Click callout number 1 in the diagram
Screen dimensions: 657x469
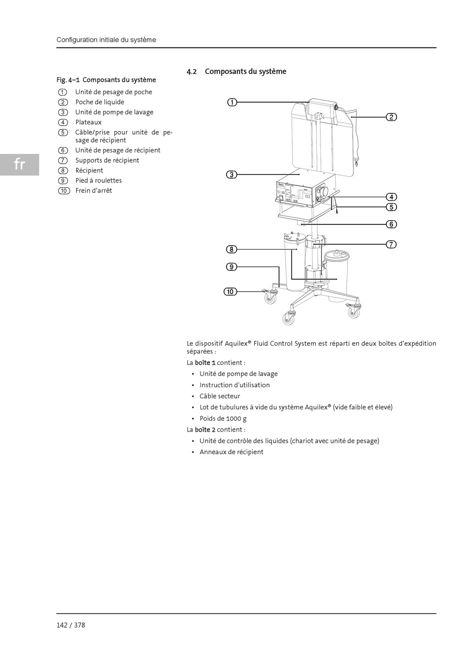click(x=232, y=102)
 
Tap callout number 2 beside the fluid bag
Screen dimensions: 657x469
click(x=391, y=117)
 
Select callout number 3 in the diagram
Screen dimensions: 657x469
click(x=232, y=175)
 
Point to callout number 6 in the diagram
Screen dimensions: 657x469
click(x=391, y=224)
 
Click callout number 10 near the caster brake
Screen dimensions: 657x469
click(x=230, y=292)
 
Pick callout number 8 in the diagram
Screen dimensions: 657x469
click(x=232, y=250)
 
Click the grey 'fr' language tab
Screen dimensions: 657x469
click(x=19, y=164)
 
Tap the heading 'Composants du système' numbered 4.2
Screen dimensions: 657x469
click(x=245, y=72)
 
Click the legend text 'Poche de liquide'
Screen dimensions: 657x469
click(x=100, y=102)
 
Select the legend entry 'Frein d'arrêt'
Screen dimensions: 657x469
click(x=93, y=190)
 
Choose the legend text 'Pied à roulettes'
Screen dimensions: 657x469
click(x=98, y=181)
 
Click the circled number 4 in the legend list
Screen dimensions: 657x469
click(x=63, y=122)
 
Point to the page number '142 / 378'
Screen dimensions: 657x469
click(x=71, y=625)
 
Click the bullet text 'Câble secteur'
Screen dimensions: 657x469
click(x=220, y=396)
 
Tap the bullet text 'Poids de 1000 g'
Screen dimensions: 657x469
click(x=223, y=418)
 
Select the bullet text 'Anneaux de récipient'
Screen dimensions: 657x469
click(x=231, y=452)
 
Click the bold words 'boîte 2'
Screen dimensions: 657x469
click(x=205, y=430)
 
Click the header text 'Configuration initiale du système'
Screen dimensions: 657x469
click(x=106, y=40)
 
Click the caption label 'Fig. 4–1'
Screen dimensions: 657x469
click(x=68, y=80)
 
